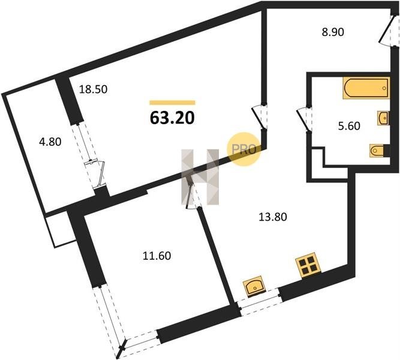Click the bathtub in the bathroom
(x=365, y=88)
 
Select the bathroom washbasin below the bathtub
(x=382, y=118)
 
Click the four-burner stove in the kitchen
(x=308, y=266)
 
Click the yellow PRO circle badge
(x=245, y=148)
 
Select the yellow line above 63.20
(x=172, y=103)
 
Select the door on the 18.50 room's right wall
(x=258, y=115)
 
